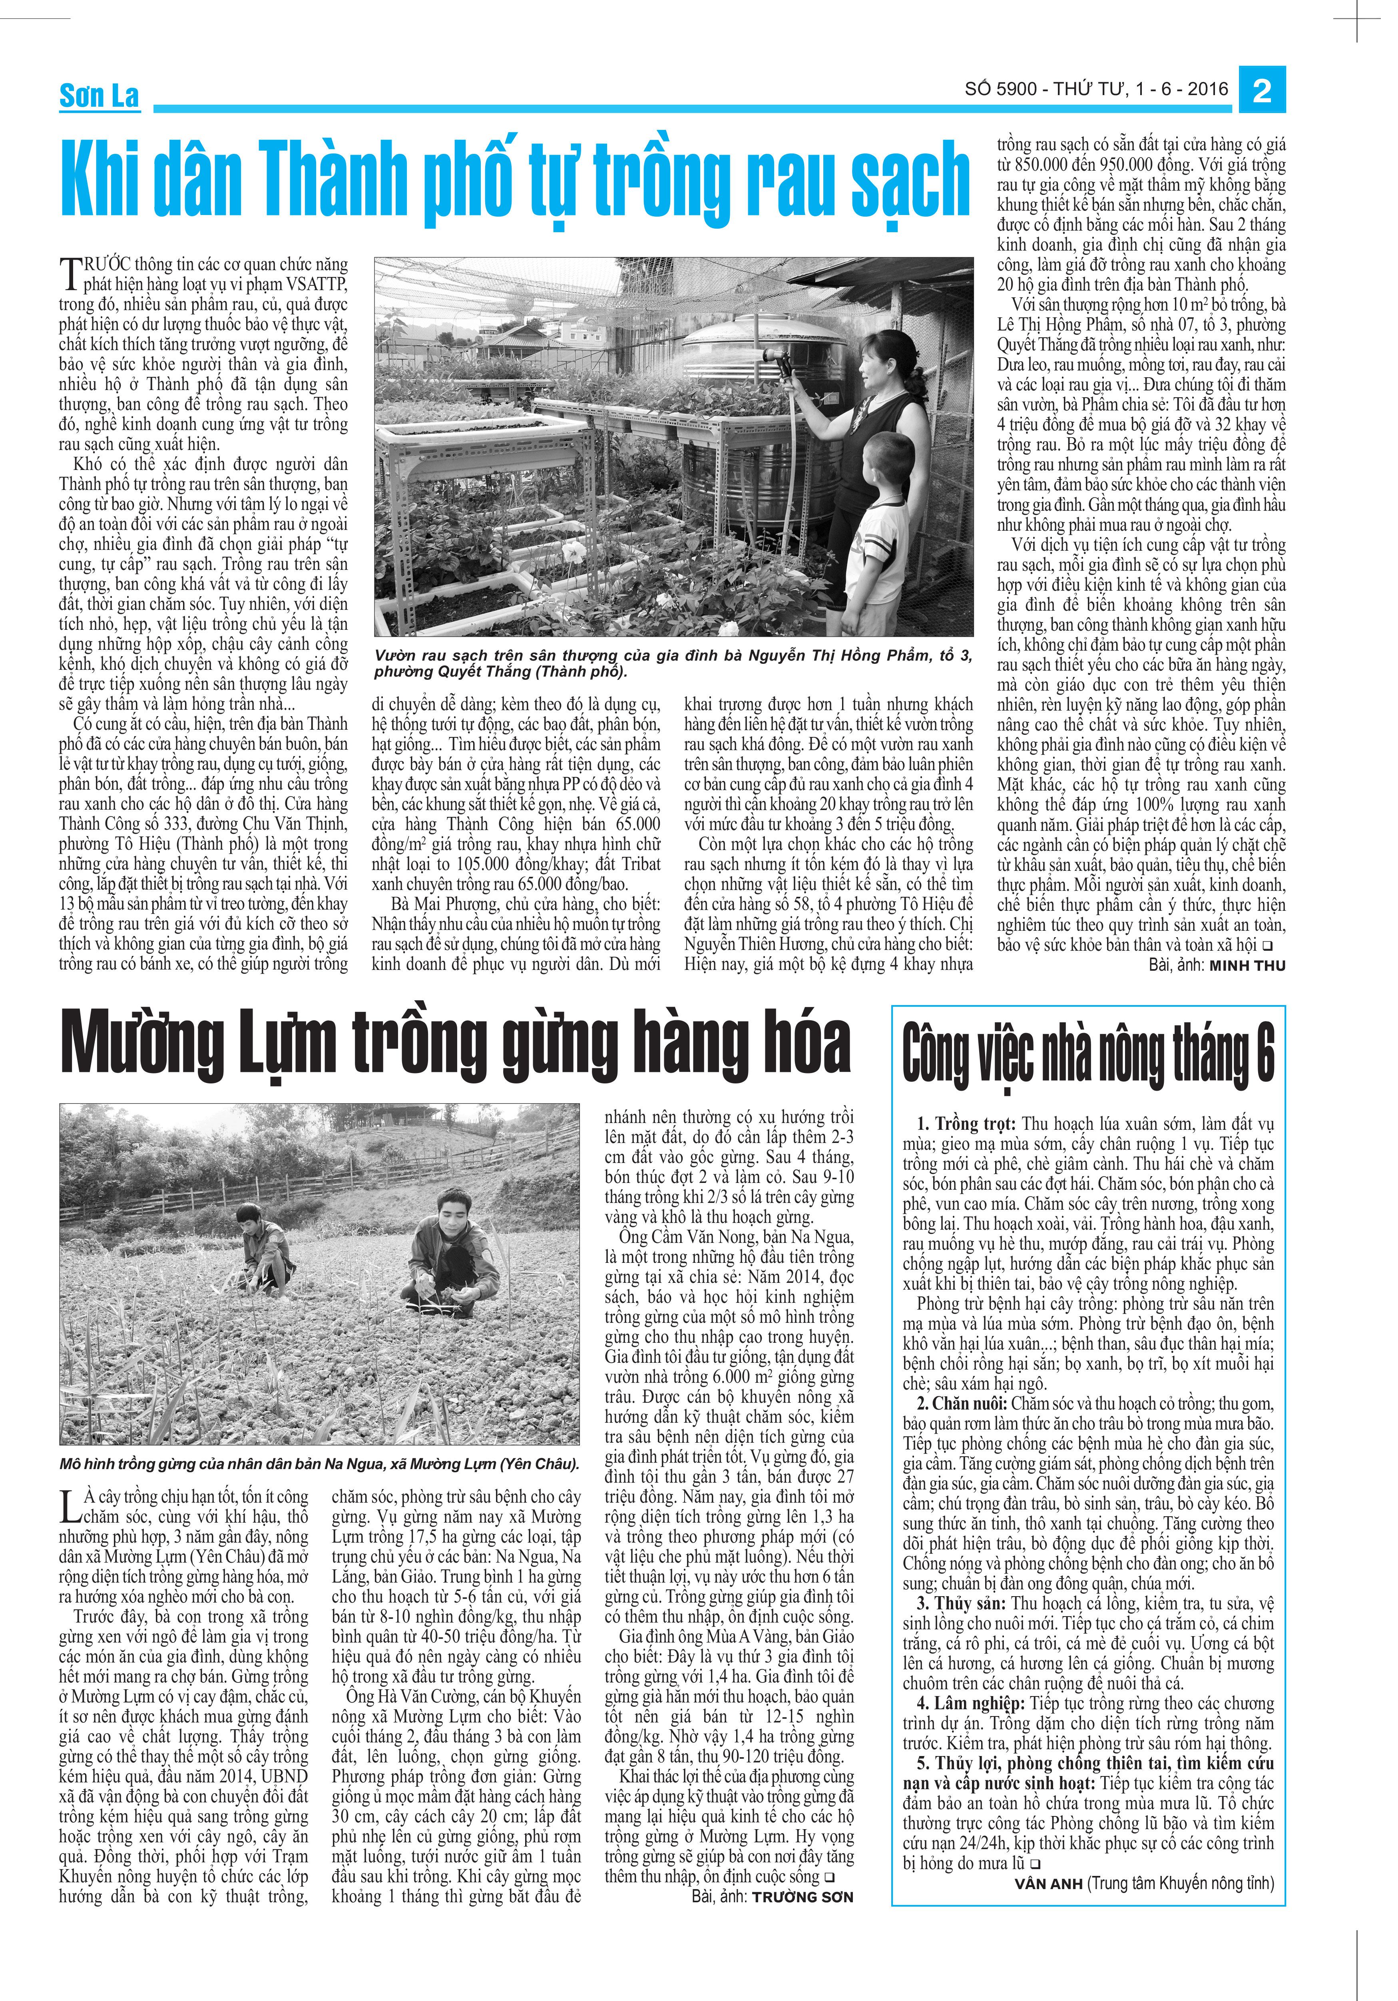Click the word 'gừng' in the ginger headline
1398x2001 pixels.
tap(540, 1044)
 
